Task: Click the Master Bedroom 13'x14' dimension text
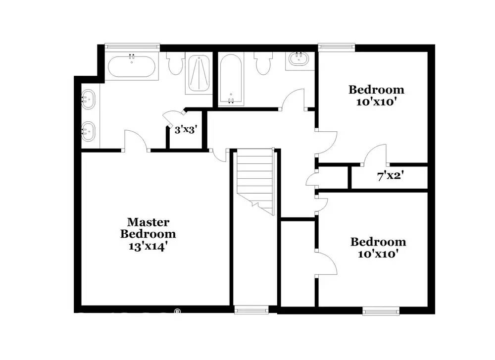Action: pos(148,246)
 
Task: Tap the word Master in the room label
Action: pos(148,222)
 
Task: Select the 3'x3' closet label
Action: pos(186,129)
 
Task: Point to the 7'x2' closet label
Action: pos(391,176)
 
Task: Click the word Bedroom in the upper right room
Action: pos(376,90)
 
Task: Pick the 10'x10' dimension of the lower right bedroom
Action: pos(378,254)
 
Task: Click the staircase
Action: pos(255,182)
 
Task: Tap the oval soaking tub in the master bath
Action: pos(132,66)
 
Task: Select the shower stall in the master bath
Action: pos(199,73)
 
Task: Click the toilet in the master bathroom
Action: pos(175,63)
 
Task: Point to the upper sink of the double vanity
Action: pos(88,99)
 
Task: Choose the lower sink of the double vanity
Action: pos(88,131)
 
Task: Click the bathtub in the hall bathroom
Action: pos(231,80)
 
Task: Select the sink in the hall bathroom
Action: pos(298,59)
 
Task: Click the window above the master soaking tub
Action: pos(132,47)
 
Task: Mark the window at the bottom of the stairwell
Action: pos(251,310)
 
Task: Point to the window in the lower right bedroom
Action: pos(381,311)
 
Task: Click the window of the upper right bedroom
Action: pos(337,47)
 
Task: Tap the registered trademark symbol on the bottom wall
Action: pos(177,311)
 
